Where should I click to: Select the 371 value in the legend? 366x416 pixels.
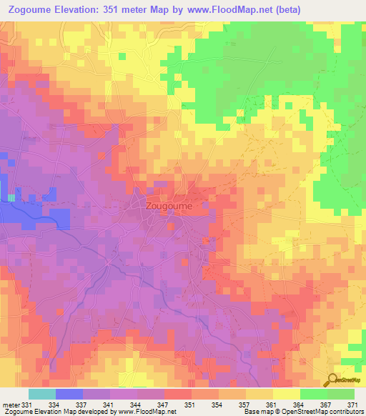[353, 405]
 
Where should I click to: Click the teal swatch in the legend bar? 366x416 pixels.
[42, 394]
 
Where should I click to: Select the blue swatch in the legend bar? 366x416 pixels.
[69, 394]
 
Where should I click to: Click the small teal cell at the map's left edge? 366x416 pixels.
[11, 197]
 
